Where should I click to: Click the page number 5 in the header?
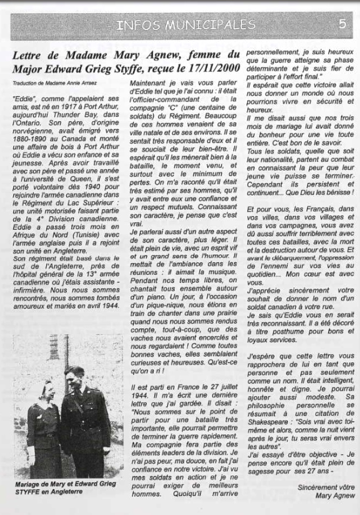(x=342, y=24)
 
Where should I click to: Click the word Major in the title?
(x=28, y=68)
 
